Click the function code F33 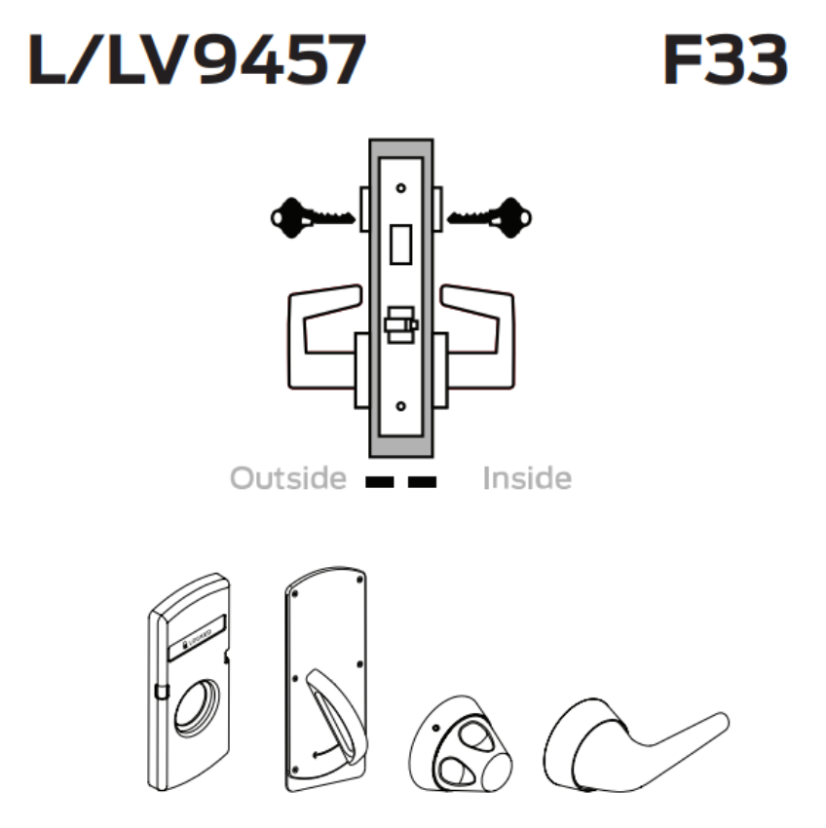724,60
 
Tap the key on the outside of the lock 310,213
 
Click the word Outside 287,479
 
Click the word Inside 526,479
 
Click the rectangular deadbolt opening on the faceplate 400,243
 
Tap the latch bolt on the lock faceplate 400,324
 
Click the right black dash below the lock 422,480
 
